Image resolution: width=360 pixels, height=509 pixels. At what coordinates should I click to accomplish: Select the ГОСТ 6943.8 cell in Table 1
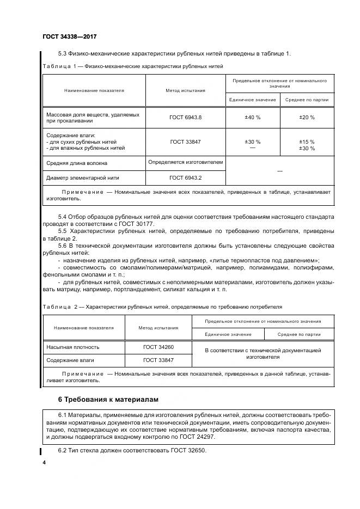[185, 117]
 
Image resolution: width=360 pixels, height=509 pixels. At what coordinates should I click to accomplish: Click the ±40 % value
[252, 117]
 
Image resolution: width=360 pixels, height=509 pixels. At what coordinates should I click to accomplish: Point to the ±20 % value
[307, 117]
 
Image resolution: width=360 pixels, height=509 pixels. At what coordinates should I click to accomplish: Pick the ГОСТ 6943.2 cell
[185, 177]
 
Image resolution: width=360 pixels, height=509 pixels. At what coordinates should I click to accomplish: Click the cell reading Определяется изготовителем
[185, 162]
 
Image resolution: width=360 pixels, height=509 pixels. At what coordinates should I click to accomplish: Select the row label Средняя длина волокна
[77, 163]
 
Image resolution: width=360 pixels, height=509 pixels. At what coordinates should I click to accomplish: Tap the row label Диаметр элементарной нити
[83, 177]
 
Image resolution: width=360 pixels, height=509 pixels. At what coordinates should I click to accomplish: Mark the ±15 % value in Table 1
[307, 142]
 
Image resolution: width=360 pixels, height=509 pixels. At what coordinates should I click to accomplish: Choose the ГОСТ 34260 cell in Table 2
[158, 347]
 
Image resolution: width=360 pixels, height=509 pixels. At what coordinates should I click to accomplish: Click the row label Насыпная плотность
[73, 347]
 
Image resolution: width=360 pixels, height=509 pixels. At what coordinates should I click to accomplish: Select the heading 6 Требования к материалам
[108, 400]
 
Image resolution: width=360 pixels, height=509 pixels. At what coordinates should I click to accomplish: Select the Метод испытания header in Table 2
[158, 328]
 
